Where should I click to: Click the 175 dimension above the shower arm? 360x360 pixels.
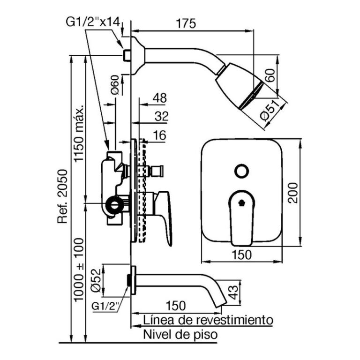[186, 23]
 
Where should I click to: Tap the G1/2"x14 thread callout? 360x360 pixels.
[93, 22]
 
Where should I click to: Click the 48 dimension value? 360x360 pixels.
[160, 98]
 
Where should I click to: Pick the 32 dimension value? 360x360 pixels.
[161, 116]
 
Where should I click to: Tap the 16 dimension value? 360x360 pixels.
[159, 135]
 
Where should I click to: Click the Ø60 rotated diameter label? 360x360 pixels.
[115, 84]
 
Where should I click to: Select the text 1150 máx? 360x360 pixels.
[78, 134]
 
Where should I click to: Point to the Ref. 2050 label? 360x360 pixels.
[62, 196]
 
